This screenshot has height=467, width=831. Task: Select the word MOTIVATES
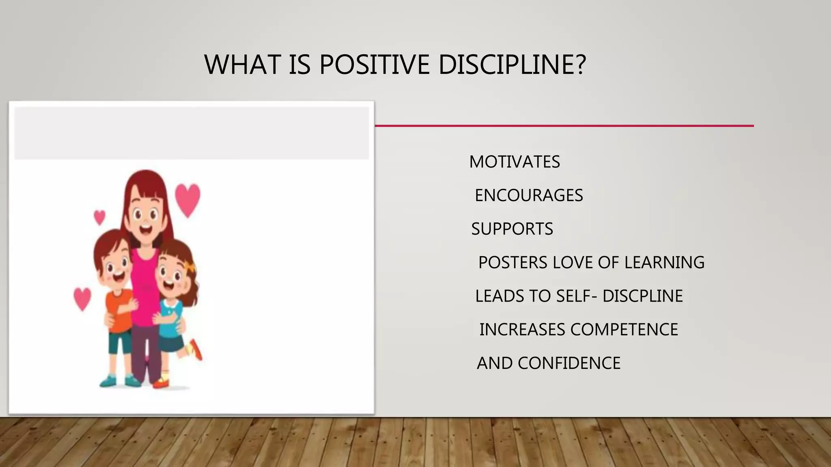[x=515, y=162]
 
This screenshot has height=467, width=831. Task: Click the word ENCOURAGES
[x=529, y=195]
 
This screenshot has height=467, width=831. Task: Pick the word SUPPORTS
[x=512, y=229]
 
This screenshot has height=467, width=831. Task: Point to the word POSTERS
[x=513, y=263]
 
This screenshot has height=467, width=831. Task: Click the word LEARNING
[x=664, y=263]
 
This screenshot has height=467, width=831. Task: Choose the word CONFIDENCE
[x=569, y=363]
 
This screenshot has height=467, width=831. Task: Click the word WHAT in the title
[x=242, y=64]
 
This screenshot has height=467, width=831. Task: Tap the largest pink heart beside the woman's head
[x=187, y=199]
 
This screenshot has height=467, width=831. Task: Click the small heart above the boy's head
[x=99, y=217]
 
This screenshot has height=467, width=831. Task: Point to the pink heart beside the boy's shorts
[x=82, y=298]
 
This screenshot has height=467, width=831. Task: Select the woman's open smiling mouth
[x=145, y=230]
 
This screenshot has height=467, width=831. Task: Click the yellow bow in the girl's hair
[x=189, y=268]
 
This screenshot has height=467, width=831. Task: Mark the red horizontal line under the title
[x=564, y=126]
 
